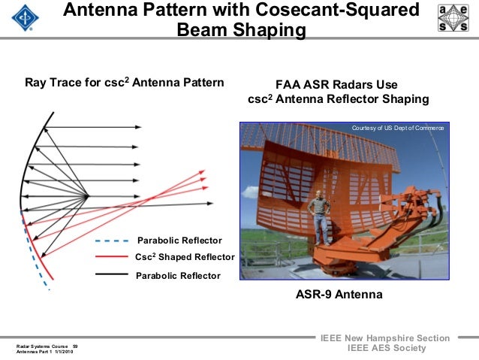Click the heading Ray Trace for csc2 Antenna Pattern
tap(125, 82)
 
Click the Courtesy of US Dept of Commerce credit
tap(397, 129)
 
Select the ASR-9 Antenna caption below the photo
tap(339, 295)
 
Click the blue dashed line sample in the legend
tap(113, 241)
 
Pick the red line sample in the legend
tap(113, 258)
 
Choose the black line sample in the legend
tap(113, 275)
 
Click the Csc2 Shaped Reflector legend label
tap(185, 258)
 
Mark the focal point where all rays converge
tap(89, 197)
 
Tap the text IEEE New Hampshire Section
tap(385, 338)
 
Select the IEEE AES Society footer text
tap(385, 349)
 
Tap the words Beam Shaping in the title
tap(241, 31)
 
